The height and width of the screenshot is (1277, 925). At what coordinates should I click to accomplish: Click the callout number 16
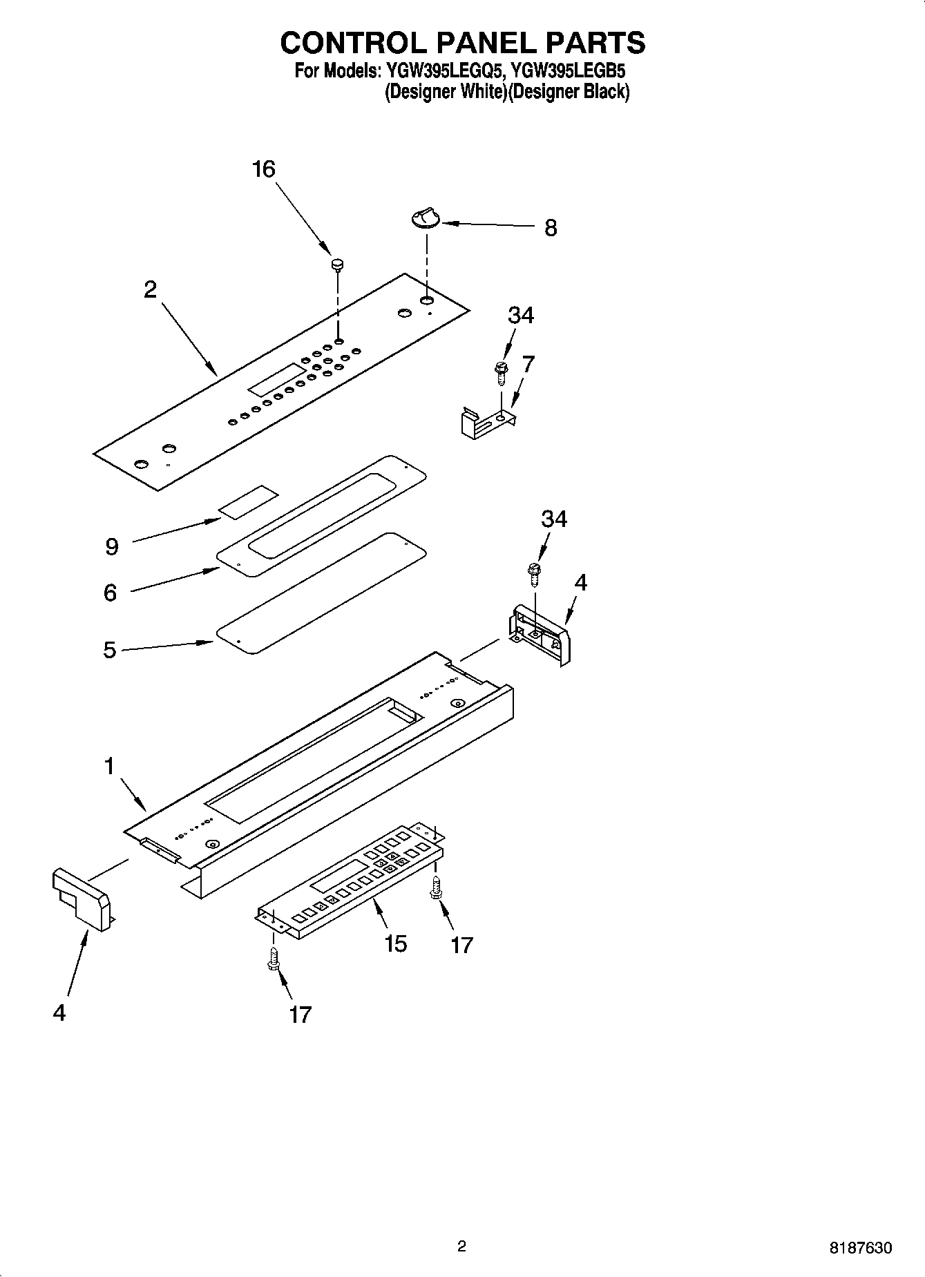point(264,169)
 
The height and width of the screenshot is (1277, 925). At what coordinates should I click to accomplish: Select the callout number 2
point(150,289)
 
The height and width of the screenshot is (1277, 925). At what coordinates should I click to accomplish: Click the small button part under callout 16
point(338,263)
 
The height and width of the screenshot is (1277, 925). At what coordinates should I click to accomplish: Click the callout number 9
point(112,547)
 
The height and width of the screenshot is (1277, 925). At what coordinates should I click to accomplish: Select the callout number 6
point(111,593)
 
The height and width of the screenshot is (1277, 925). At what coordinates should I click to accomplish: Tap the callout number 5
point(110,650)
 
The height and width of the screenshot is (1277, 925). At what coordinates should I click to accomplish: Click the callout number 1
point(109,766)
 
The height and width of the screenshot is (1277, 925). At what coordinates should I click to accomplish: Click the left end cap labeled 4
point(81,899)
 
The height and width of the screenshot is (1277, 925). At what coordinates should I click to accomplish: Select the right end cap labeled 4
point(543,633)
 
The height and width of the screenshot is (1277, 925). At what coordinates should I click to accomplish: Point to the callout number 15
point(395,943)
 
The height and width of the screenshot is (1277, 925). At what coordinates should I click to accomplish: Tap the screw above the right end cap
point(534,572)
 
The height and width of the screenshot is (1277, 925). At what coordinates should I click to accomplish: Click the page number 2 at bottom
point(461,1246)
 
